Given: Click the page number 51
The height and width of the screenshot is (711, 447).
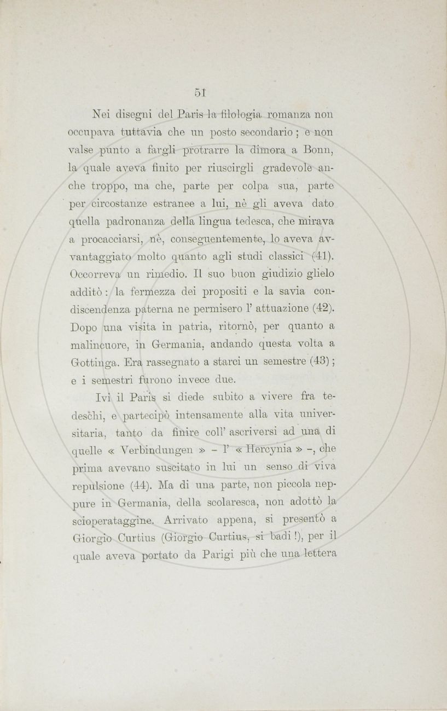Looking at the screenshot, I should (199, 93).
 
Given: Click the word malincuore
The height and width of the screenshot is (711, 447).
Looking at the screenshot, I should (103, 345).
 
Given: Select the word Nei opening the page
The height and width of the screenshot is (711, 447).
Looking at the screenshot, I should (102, 116).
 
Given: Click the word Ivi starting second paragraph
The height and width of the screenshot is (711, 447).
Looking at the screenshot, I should (103, 397).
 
